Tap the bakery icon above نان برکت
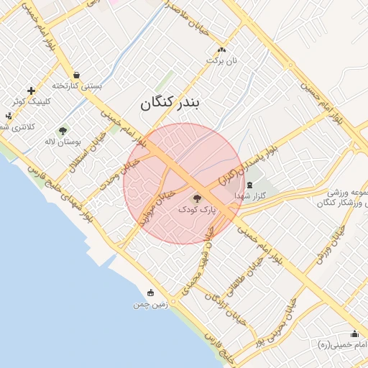click(221, 50)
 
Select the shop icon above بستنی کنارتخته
click(76, 75)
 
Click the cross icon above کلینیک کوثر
click(31, 91)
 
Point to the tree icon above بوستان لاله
click(63, 131)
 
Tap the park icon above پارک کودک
click(198, 198)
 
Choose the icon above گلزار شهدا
click(249, 185)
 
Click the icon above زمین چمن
click(150, 293)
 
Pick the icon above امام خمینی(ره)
click(354, 333)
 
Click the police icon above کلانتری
click(9, 116)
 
